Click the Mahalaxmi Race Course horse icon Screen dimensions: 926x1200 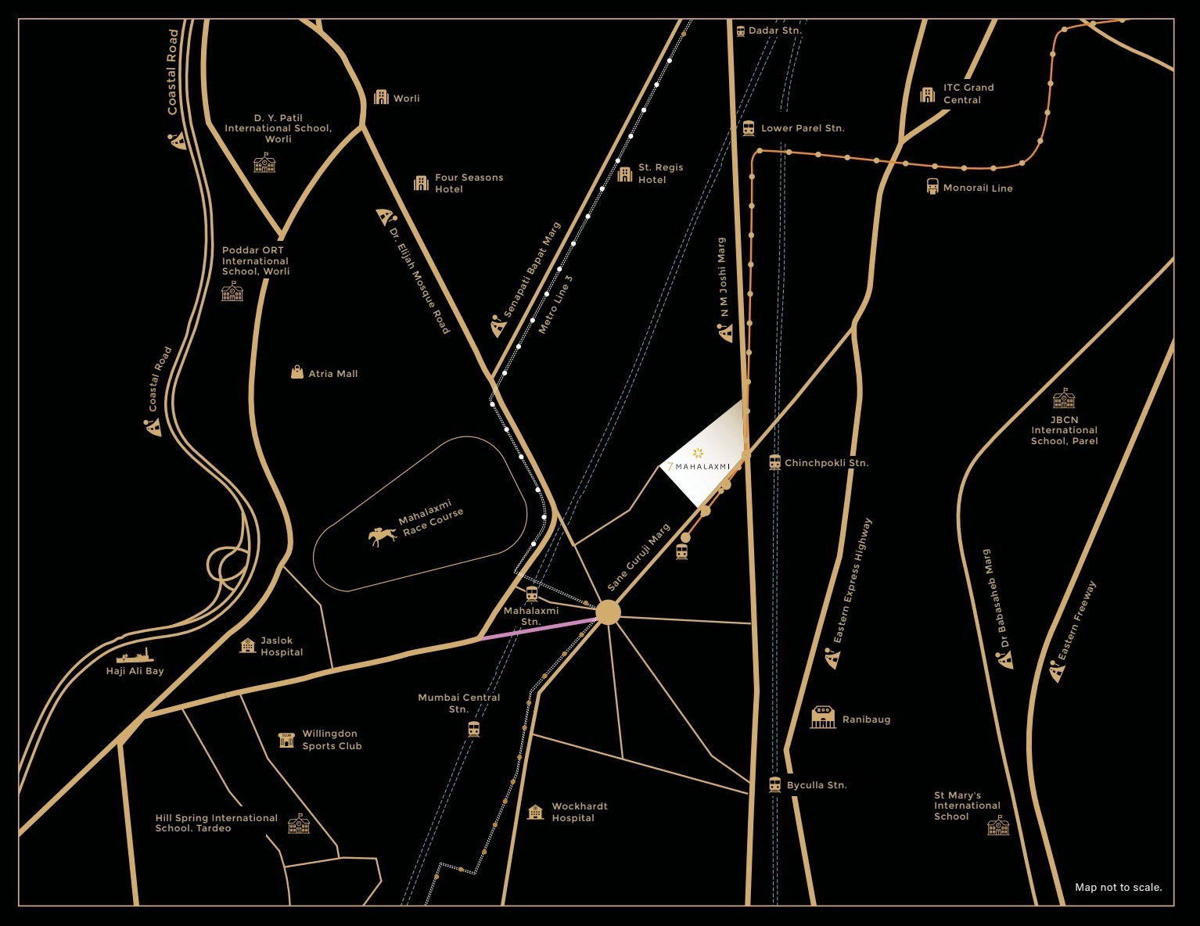coord(382,536)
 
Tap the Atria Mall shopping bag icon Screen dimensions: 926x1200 coord(297,372)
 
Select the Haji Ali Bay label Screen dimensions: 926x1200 coord(135,671)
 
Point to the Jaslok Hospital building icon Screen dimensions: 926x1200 coord(248,645)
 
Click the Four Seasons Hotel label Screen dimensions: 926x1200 coord(469,183)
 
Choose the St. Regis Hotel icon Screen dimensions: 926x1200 coord(624,174)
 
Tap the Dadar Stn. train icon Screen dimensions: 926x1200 coord(740,31)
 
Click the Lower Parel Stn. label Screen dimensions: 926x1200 coord(803,128)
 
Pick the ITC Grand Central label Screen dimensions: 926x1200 coord(968,94)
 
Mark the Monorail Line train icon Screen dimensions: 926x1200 coord(932,187)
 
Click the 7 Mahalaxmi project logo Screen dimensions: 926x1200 coord(699,460)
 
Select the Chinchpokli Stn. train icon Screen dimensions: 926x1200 coord(774,462)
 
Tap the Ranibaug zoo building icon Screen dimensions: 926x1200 coord(823,717)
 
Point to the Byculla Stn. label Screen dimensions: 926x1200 coord(817,785)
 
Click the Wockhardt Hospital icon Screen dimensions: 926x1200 coord(535,812)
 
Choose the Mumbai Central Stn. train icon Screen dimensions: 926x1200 coord(473,729)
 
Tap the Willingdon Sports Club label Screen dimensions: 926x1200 coord(332,740)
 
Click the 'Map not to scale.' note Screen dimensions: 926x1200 coord(1118,887)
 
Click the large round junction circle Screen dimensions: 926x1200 coord(608,612)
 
